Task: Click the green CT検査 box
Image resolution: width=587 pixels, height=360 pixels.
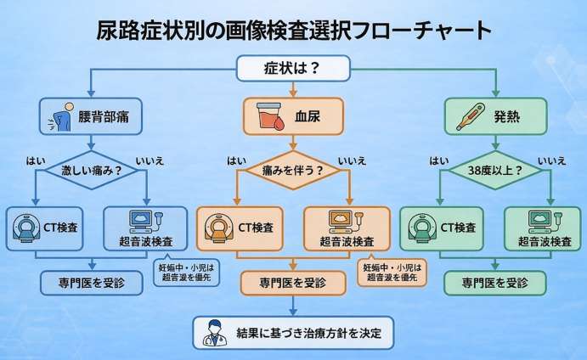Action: pos(442,228)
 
